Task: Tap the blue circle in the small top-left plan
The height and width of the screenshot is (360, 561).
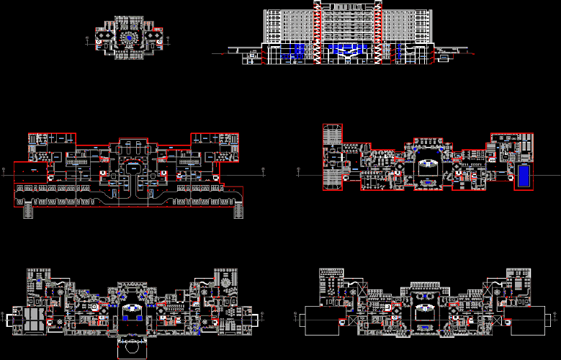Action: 130,37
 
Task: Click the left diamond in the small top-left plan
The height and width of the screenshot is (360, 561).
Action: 105,35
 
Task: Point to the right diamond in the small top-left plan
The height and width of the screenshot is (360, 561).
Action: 154,35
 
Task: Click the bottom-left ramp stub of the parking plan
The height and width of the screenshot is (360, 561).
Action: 28,210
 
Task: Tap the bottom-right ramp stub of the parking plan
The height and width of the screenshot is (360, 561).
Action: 238,210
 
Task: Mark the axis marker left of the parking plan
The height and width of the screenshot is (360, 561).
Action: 6,171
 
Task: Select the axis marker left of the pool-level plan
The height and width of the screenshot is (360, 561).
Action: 298,171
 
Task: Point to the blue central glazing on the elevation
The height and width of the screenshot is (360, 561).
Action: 346,49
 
